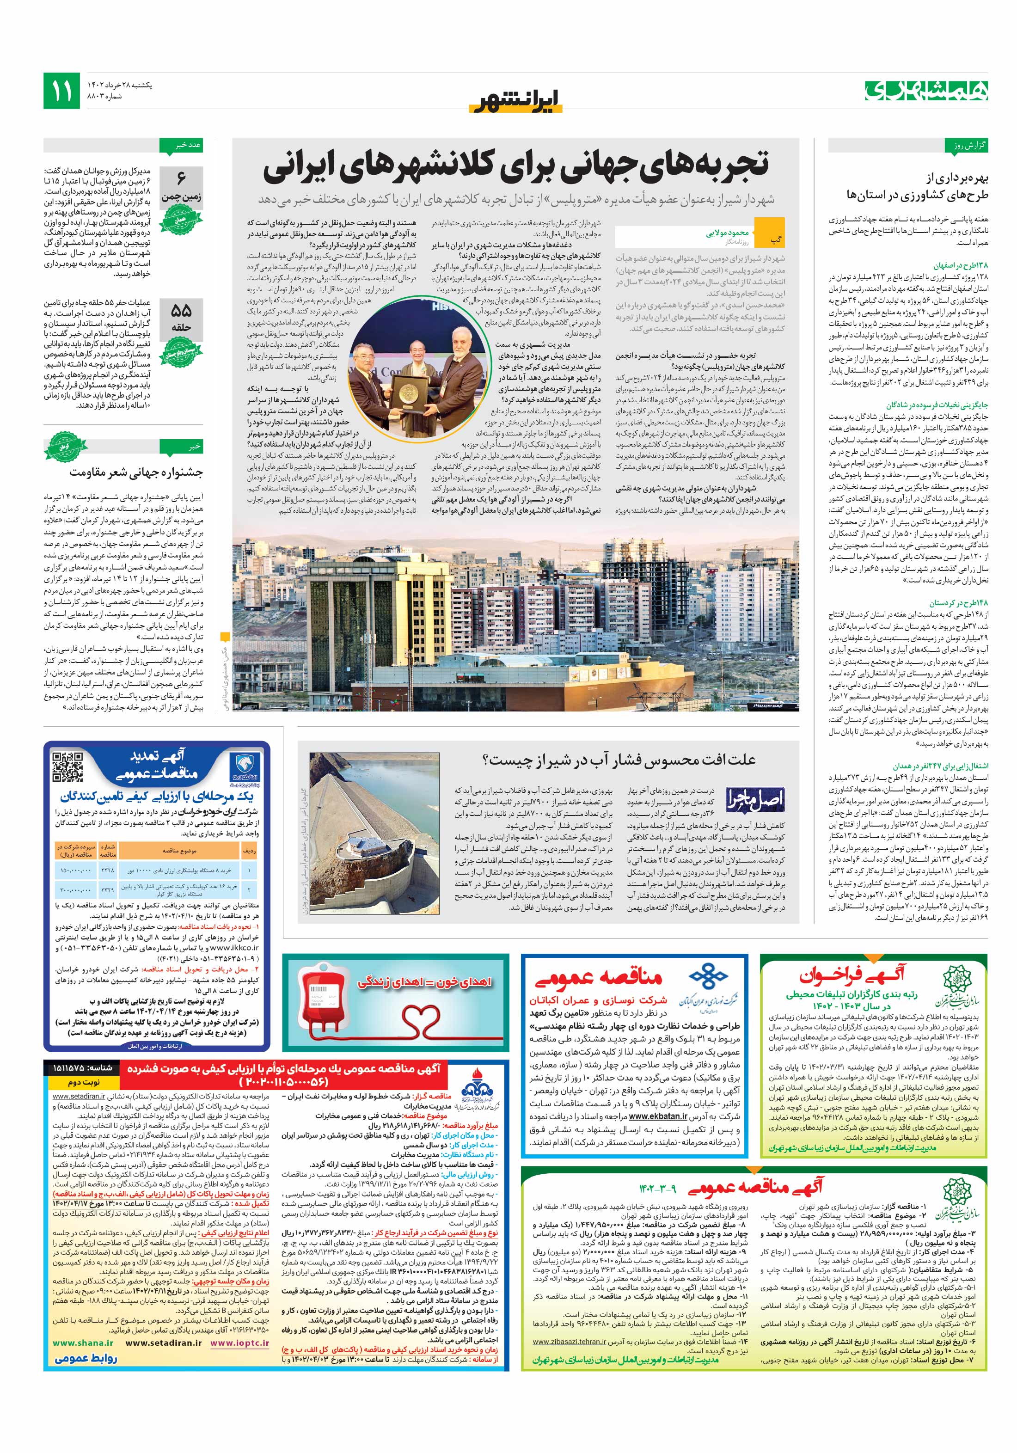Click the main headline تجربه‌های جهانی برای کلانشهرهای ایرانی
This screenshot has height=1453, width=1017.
pyautogui.click(x=516, y=166)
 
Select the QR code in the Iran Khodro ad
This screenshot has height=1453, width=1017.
pyautogui.click(x=67, y=767)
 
